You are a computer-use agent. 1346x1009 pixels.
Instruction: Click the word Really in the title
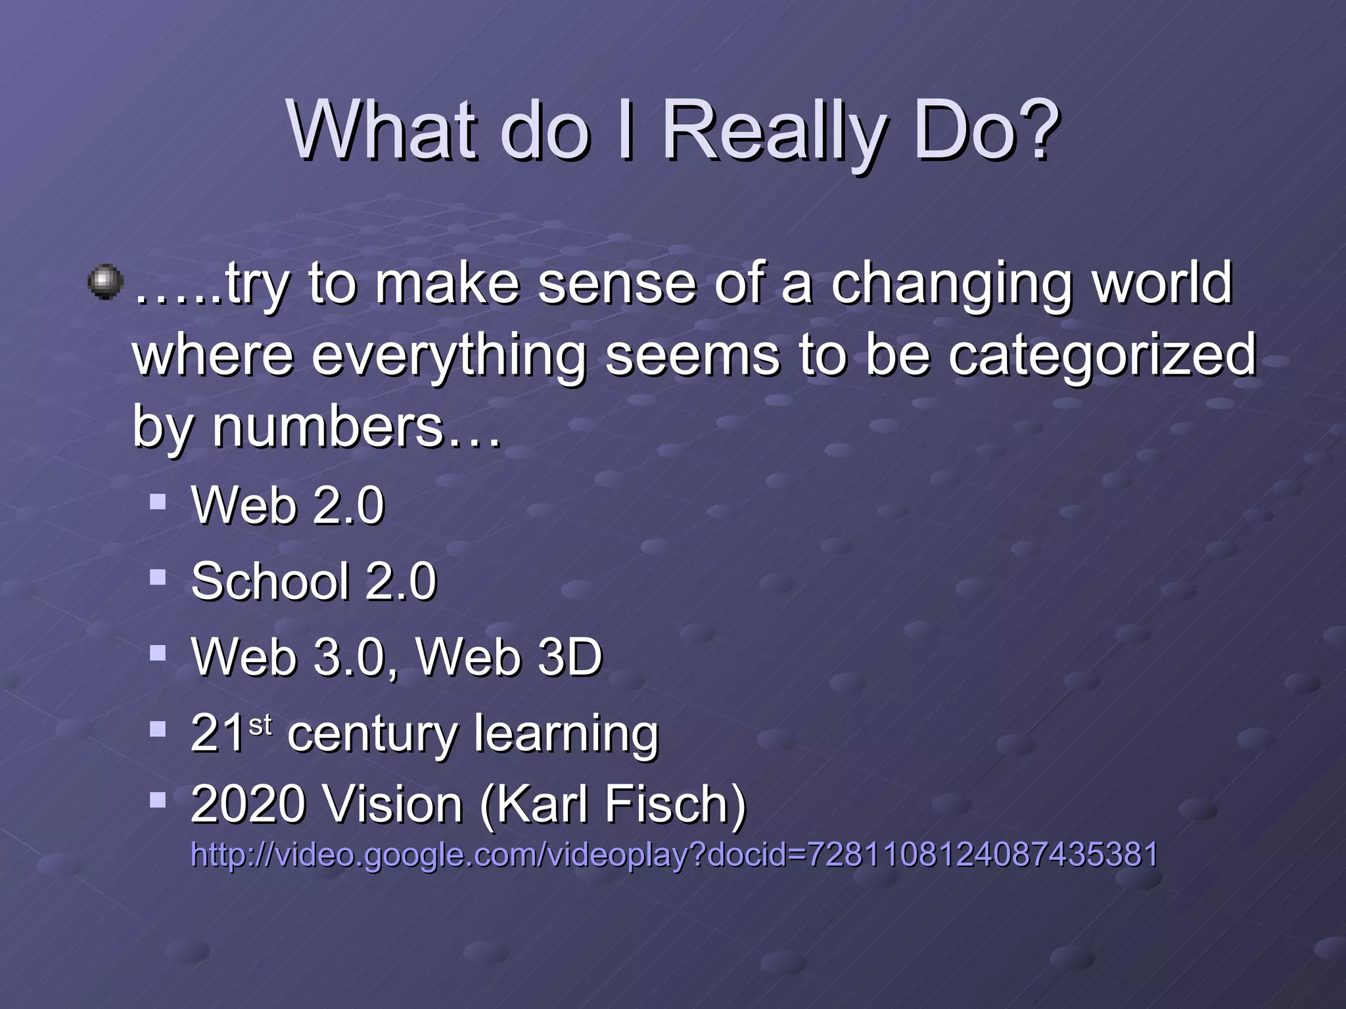click(776, 131)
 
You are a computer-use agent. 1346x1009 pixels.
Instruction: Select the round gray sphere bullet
click(105, 282)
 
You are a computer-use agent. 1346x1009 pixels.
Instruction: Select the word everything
click(448, 357)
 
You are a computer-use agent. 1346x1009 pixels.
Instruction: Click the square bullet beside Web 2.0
click(158, 503)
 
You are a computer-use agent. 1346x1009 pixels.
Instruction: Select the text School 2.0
click(313, 581)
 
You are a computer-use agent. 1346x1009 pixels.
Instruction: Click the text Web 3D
click(509, 657)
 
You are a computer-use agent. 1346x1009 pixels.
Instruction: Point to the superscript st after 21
click(260, 725)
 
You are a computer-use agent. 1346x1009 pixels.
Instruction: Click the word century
click(371, 734)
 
